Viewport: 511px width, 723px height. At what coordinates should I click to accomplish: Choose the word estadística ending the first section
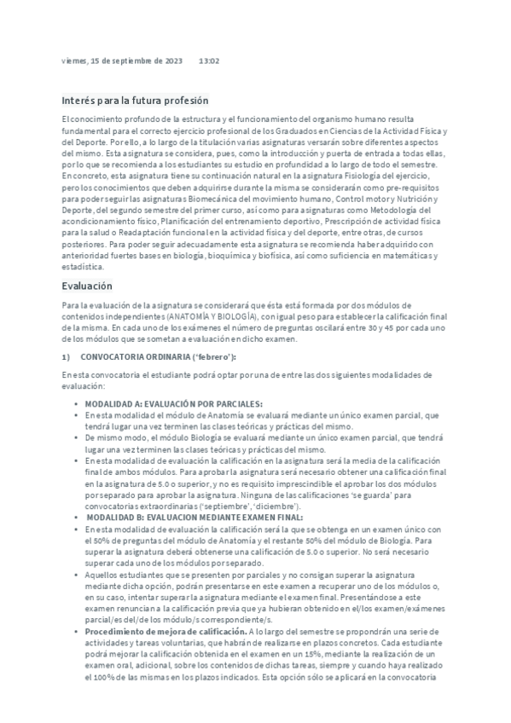(x=84, y=266)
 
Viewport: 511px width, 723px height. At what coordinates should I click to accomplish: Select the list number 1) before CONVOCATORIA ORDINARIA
(x=67, y=356)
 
